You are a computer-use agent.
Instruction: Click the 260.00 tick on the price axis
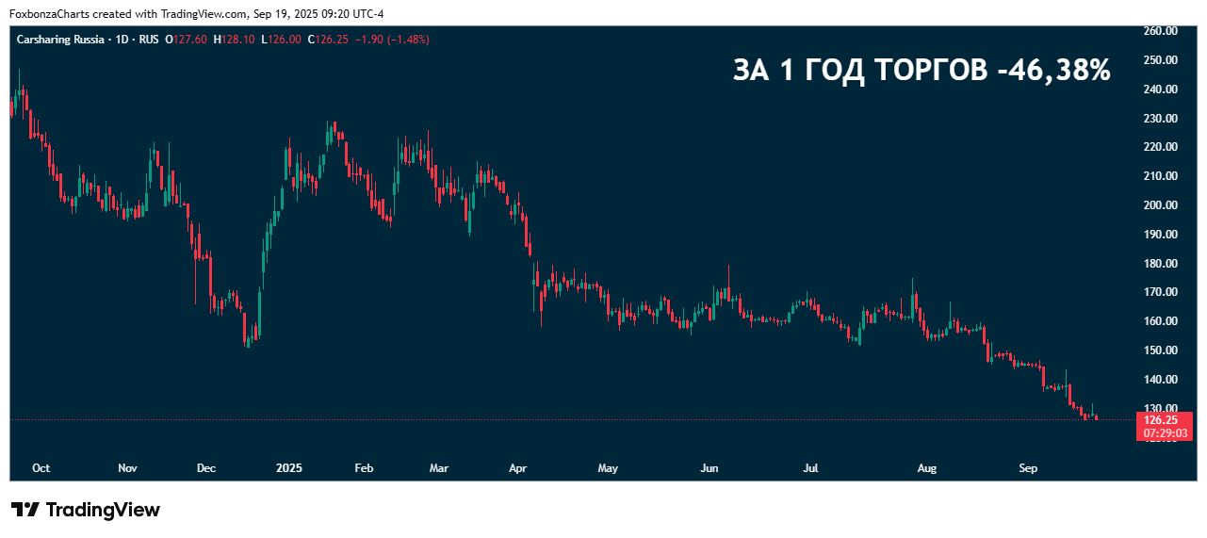[x=1160, y=30]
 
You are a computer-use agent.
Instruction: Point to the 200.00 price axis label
[x=1160, y=205]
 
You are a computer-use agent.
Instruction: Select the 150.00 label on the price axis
[x=1160, y=351]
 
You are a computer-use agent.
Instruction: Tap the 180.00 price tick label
[x=1160, y=264]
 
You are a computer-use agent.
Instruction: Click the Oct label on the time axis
[x=41, y=468]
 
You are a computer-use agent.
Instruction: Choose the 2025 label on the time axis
[x=289, y=468]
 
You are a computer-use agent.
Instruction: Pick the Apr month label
[x=517, y=468]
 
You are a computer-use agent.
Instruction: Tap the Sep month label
[x=1028, y=468]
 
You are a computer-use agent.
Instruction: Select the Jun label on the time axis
[x=710, y=468]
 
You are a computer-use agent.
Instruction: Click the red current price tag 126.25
[x=1160, y=420]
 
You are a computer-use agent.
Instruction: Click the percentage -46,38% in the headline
[x=1054, y=71]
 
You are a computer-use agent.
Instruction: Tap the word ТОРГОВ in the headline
[x=929, y=71]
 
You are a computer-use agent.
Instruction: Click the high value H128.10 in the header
[x=234, y=40]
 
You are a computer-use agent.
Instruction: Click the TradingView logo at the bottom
[x=86, y=510]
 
